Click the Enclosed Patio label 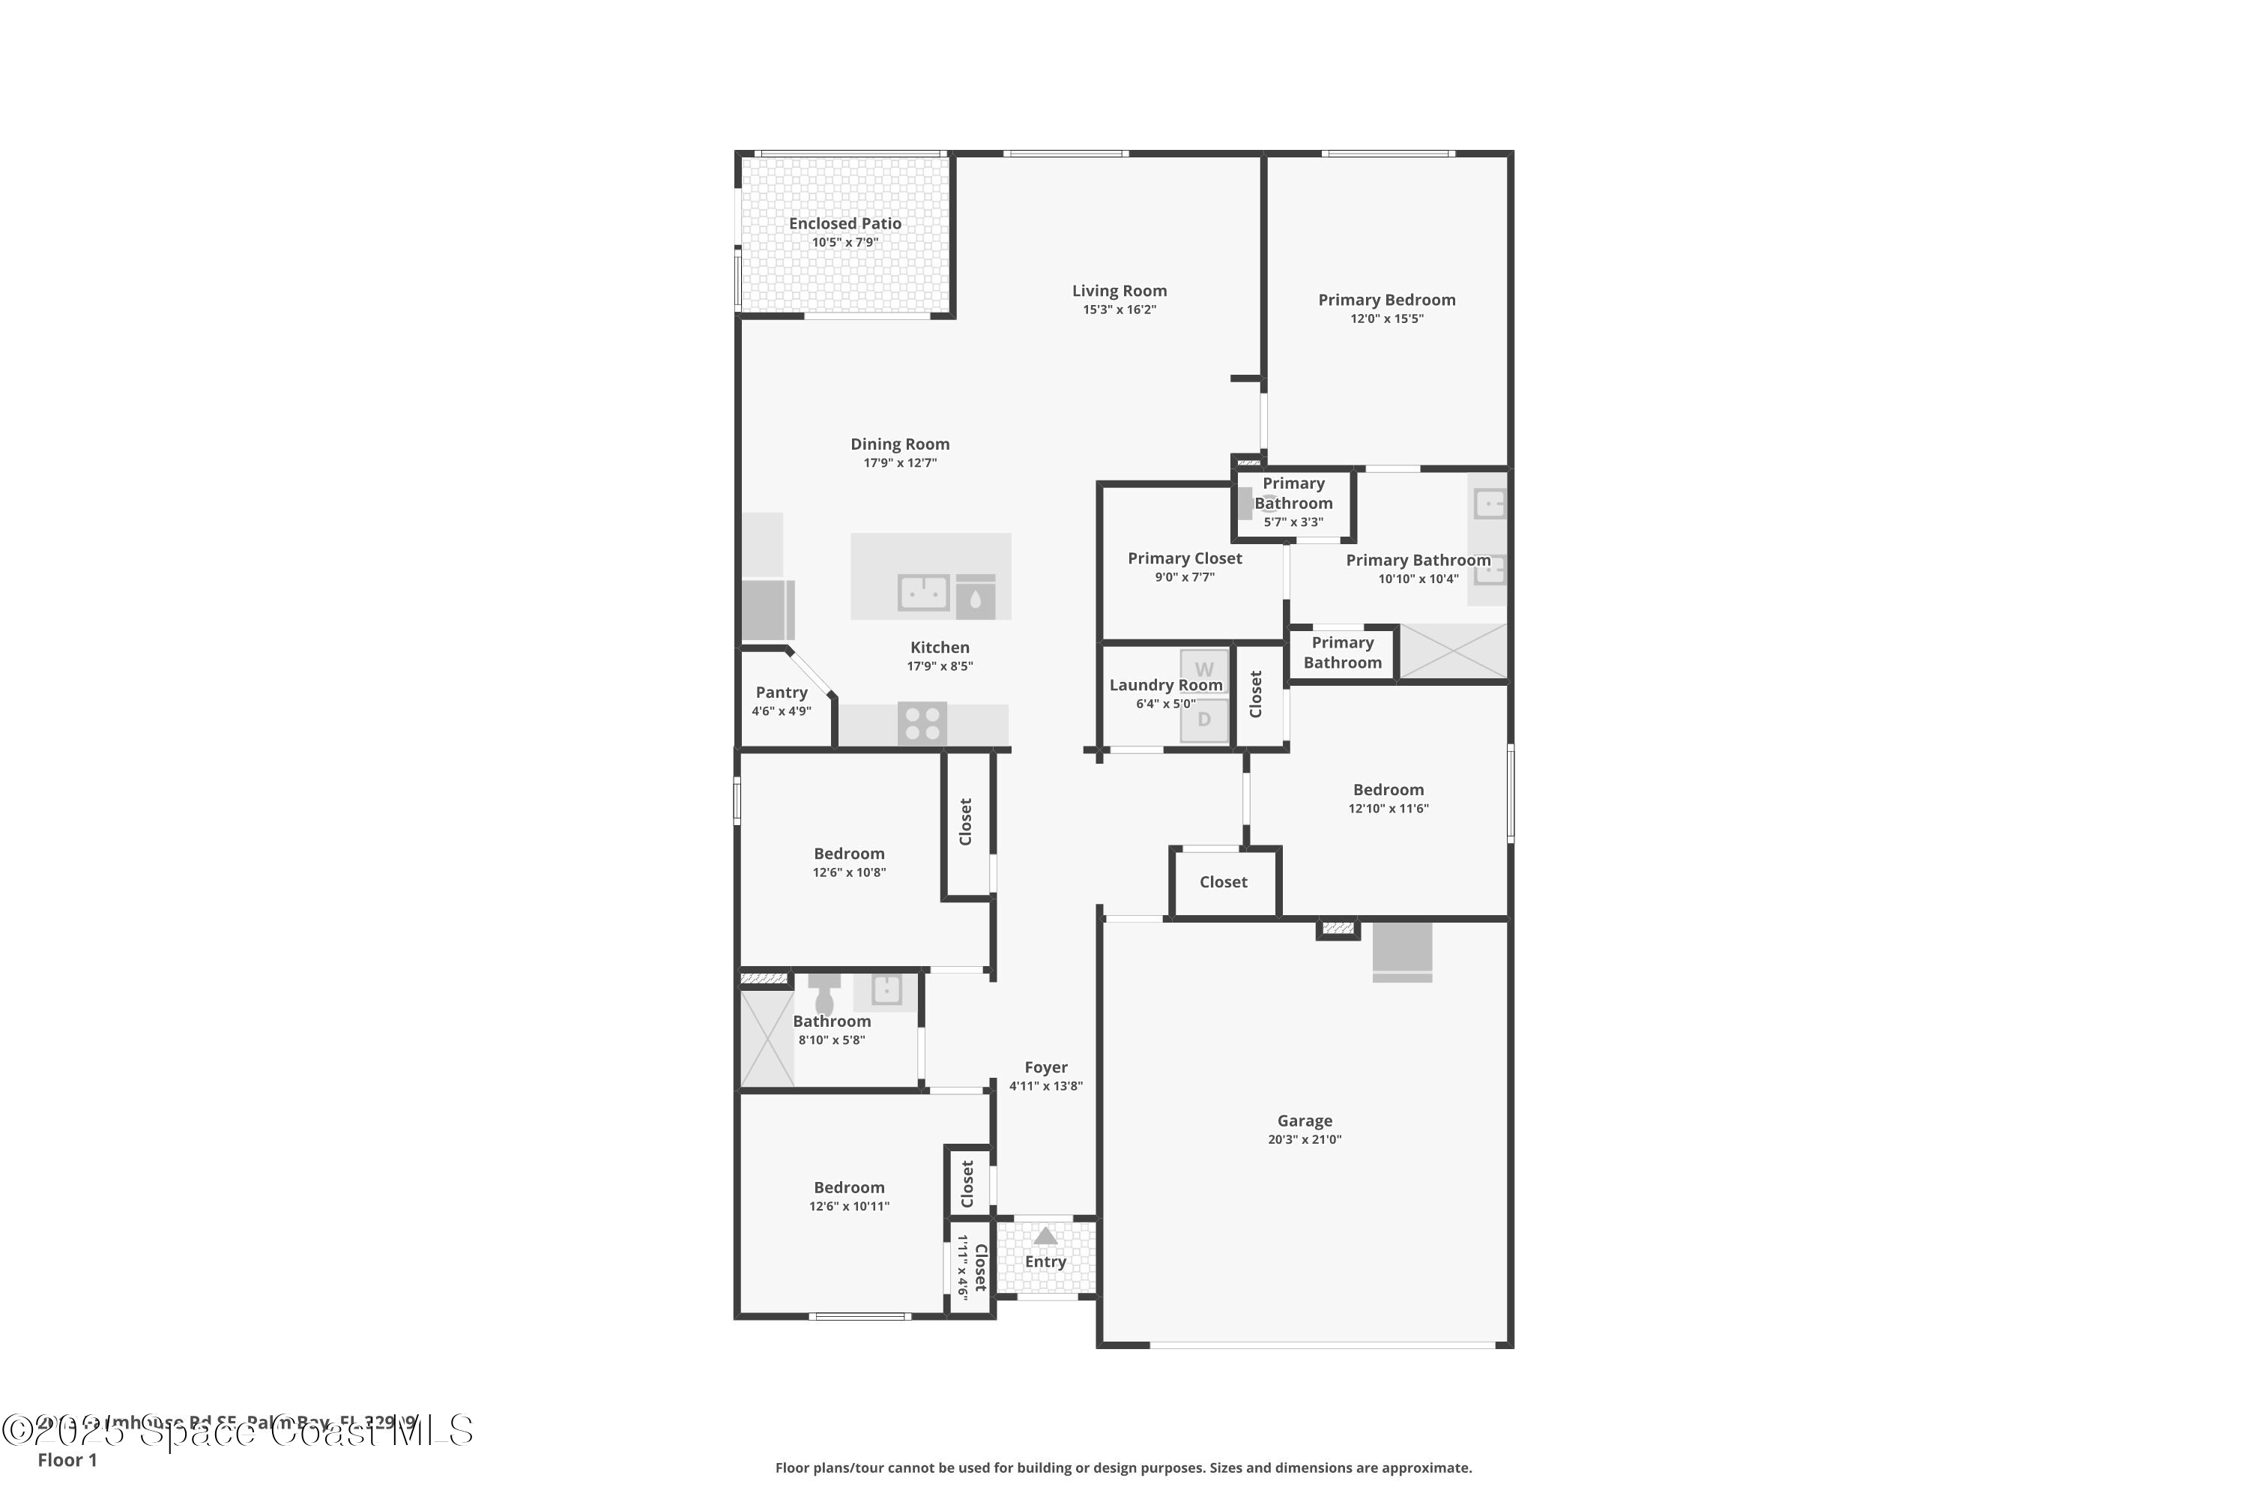click(x=845, y=223)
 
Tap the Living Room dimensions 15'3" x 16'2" click(x=1120, y=310)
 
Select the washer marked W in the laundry click(x=1204, y=669)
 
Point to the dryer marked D click(x=1204, y=720)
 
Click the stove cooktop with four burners click(x=922, y=724)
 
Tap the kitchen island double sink click(x=923, y=593)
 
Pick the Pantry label click(x=781, y=692)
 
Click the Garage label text click(x=1305, y=1121)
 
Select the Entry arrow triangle click(x=1045, y=1236)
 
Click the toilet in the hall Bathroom click(x=824, y=996)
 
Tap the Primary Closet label click(x=1184, y=558)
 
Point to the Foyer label click(x=1045, y=1067)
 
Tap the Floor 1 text click(x=67, y=1460)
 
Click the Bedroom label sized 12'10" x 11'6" click(x=1388, y=790)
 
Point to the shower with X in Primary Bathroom click(x=1453, y=651)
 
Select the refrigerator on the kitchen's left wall click(x=767, y=610)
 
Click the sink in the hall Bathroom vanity click(x=886, y=989)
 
